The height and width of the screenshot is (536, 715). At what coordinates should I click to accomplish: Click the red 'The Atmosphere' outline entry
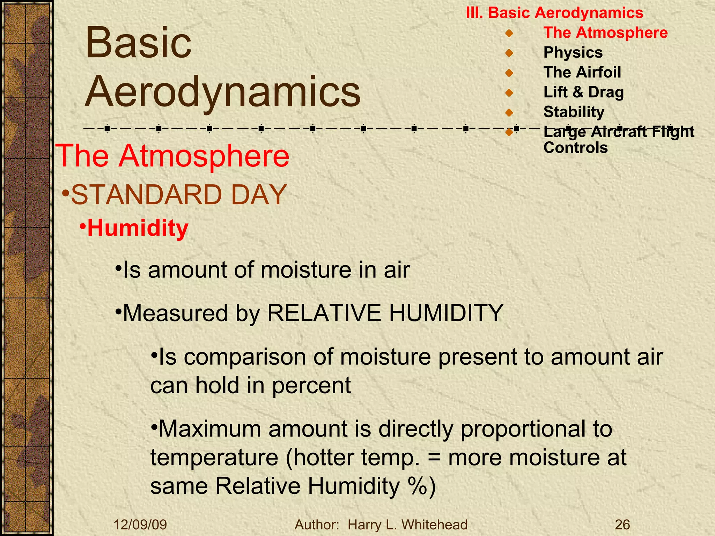(x=605, y=33)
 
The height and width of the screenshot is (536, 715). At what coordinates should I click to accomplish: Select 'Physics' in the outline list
(x=573, y=53)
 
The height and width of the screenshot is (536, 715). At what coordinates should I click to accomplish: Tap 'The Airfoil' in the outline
(x=582, y=73)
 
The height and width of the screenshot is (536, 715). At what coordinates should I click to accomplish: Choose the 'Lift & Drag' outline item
(x=583, y=92)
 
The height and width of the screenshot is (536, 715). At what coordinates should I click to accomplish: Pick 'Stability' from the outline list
(x=574, y=112)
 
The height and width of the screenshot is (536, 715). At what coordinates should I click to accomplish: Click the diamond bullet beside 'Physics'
(x=509, y=53)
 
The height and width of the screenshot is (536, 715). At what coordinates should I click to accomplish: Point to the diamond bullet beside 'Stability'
(x=509, y=112)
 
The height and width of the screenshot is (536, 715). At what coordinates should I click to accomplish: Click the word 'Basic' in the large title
(x=139, y=43)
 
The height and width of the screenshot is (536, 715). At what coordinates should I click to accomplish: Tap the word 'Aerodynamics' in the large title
(x=223, y=91)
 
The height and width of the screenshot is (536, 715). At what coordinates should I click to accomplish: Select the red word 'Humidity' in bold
(x=138, y=228)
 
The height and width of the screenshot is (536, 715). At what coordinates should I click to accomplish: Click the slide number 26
(x=622, y=524)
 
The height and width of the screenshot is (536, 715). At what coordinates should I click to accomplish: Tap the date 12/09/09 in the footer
(x=140, y=524)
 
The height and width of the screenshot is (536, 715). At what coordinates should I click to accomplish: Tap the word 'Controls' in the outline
(x=575, y=148)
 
